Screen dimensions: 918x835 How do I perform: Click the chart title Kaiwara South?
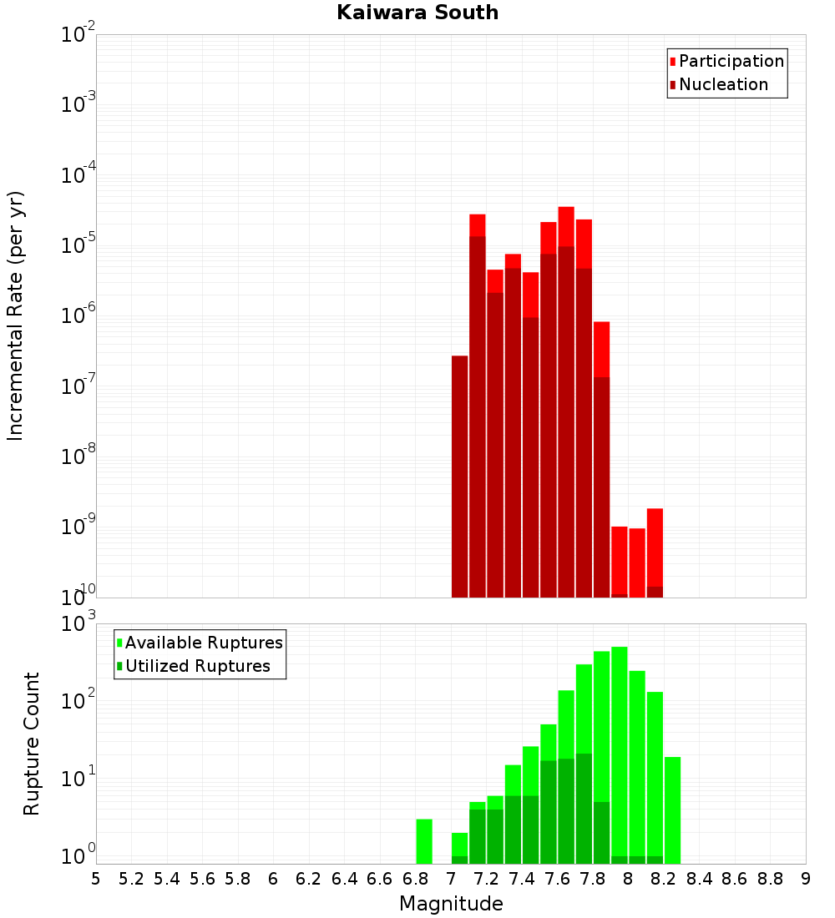(x=417, y=13)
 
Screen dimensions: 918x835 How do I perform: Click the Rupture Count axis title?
(x=32, y=743)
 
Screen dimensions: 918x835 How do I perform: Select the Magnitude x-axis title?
(x=451, y=904)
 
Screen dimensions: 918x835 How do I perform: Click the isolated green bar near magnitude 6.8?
(x=424, y=841)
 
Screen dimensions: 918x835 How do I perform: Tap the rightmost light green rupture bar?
(x=672, y=810)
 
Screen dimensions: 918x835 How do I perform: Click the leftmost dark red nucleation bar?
(x=459, y=476)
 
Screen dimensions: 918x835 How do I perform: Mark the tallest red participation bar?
(x=566, y=225)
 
